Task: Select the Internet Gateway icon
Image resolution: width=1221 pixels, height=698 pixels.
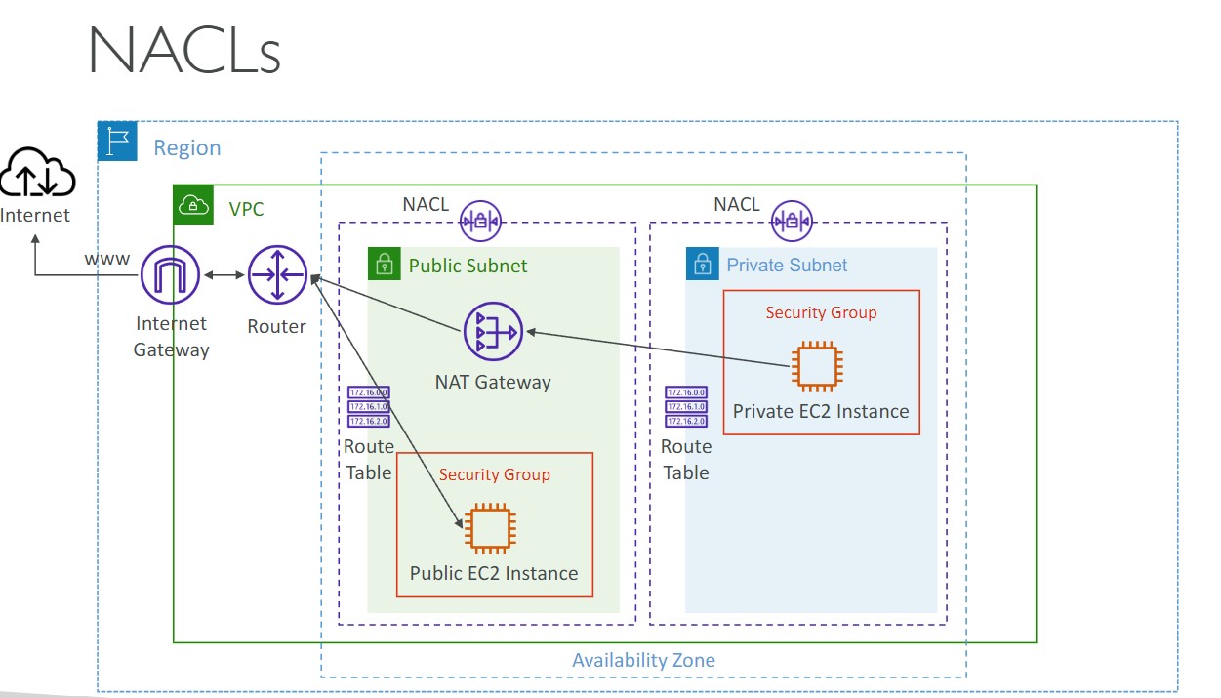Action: click(171, 275)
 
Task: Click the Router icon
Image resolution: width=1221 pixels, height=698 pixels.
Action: click(277, 275)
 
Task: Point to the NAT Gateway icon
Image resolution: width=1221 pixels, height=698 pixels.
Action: click(493, 332)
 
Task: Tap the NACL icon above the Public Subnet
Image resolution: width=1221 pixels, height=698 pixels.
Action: click(480, 221)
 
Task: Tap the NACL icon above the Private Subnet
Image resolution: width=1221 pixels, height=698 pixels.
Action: click(792, 221)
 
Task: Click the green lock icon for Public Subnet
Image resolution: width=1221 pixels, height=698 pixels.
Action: click(385, 265)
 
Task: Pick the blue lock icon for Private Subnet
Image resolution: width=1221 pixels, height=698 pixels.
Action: click(702, 265)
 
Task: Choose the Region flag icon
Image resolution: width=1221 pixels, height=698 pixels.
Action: click(118, 143)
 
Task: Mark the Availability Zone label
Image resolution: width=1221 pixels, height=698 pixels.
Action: click(643, 661)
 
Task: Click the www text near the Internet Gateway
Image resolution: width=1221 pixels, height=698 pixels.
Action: click(106, 259)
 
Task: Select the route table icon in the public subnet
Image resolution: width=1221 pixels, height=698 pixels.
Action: click(368, 407)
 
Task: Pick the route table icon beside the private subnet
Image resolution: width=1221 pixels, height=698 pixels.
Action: click(686, 407)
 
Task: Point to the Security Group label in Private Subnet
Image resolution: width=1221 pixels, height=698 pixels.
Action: click(821, 313)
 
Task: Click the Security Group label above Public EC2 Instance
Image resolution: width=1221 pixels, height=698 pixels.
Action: click(494, 475)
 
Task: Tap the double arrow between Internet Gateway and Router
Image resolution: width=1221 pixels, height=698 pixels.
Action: click(224, 275)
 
